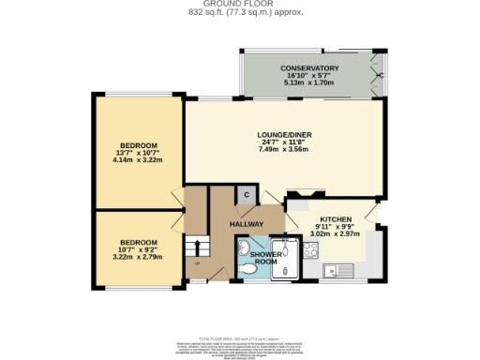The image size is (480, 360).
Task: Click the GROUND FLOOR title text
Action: pyautogui.click(x=239, y=4)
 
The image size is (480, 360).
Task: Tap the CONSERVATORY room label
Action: pyautogui.click(x=308, y=68)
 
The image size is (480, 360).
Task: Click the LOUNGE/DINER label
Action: pyautogui.click(x=284, y=135)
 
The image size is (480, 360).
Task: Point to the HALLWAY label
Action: pyautogui.click(x=246, y=224)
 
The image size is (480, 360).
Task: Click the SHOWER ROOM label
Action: pyautogui.click(x=263, y=258)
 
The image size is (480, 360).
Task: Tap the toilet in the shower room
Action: pyautogui.click(x=247, y=269)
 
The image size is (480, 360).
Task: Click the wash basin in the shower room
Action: pyautogui.click(x=243, y=247)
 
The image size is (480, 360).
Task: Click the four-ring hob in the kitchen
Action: pyautogui.click(x=309, y=249)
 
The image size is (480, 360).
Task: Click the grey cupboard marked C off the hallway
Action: pyautogui.click(x=246, y=195)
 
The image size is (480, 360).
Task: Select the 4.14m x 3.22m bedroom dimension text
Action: pyautogui.click(x=137, y=160)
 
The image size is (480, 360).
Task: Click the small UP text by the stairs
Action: pyautogui.click(x=197, y=263)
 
